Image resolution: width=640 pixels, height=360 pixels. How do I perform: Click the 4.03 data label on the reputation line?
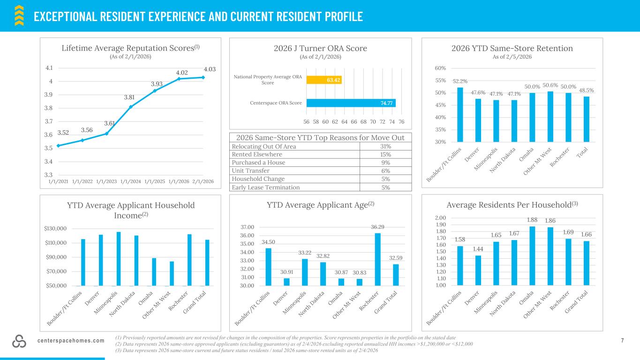coord(210,69)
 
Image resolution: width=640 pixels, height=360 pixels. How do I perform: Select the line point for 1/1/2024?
coord(131,107)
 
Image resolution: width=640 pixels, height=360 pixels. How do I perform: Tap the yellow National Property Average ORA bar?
coord(324,80)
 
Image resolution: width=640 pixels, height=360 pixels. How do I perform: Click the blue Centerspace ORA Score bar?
coord(351,103)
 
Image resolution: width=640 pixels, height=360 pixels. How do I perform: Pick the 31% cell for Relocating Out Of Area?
coord(385,146)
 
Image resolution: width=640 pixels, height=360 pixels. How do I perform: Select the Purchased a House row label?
coord(258,163)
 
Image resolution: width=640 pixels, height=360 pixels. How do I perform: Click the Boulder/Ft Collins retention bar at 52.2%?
coord(460,114)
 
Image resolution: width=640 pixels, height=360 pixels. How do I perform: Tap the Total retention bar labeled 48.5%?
coord(586,119)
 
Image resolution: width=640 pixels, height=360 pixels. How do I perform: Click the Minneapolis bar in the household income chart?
coord(119,259)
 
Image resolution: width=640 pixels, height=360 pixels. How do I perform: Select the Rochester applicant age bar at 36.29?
coord(377,259)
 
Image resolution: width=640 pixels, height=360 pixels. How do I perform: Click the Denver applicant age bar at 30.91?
coord(286,282)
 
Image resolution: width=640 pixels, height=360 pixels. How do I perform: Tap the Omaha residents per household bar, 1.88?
coord(532,255)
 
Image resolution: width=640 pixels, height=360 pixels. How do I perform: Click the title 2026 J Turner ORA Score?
coord(320,48)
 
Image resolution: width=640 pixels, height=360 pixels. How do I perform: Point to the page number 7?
coord(622,341)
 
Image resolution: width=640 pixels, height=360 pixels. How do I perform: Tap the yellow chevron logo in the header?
coord(19,15)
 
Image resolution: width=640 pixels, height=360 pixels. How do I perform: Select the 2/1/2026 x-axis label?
coord(203,181)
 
